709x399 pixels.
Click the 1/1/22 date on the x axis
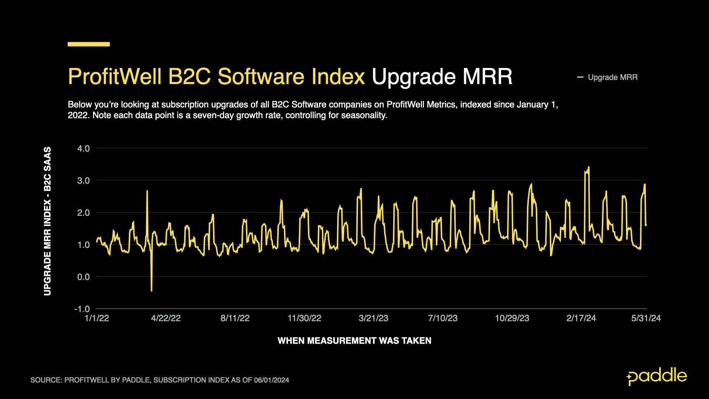(x=97, y=318)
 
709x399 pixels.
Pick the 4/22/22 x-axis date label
(x=166, y=318)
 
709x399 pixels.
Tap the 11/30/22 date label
(x=304, y=318)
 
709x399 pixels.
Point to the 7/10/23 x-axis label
(x=443, y=318)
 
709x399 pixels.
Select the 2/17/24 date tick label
(x=581, y=318)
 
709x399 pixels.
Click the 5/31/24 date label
(x=646, y=318)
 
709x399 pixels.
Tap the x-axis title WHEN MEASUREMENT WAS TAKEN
(x=354, y=341)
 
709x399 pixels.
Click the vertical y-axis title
(x=48, y=221)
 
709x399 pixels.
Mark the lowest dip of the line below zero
(x=151, y=290)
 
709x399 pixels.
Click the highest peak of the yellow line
(x=589, y=167)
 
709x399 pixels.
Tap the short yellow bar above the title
(x=89, y=44)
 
